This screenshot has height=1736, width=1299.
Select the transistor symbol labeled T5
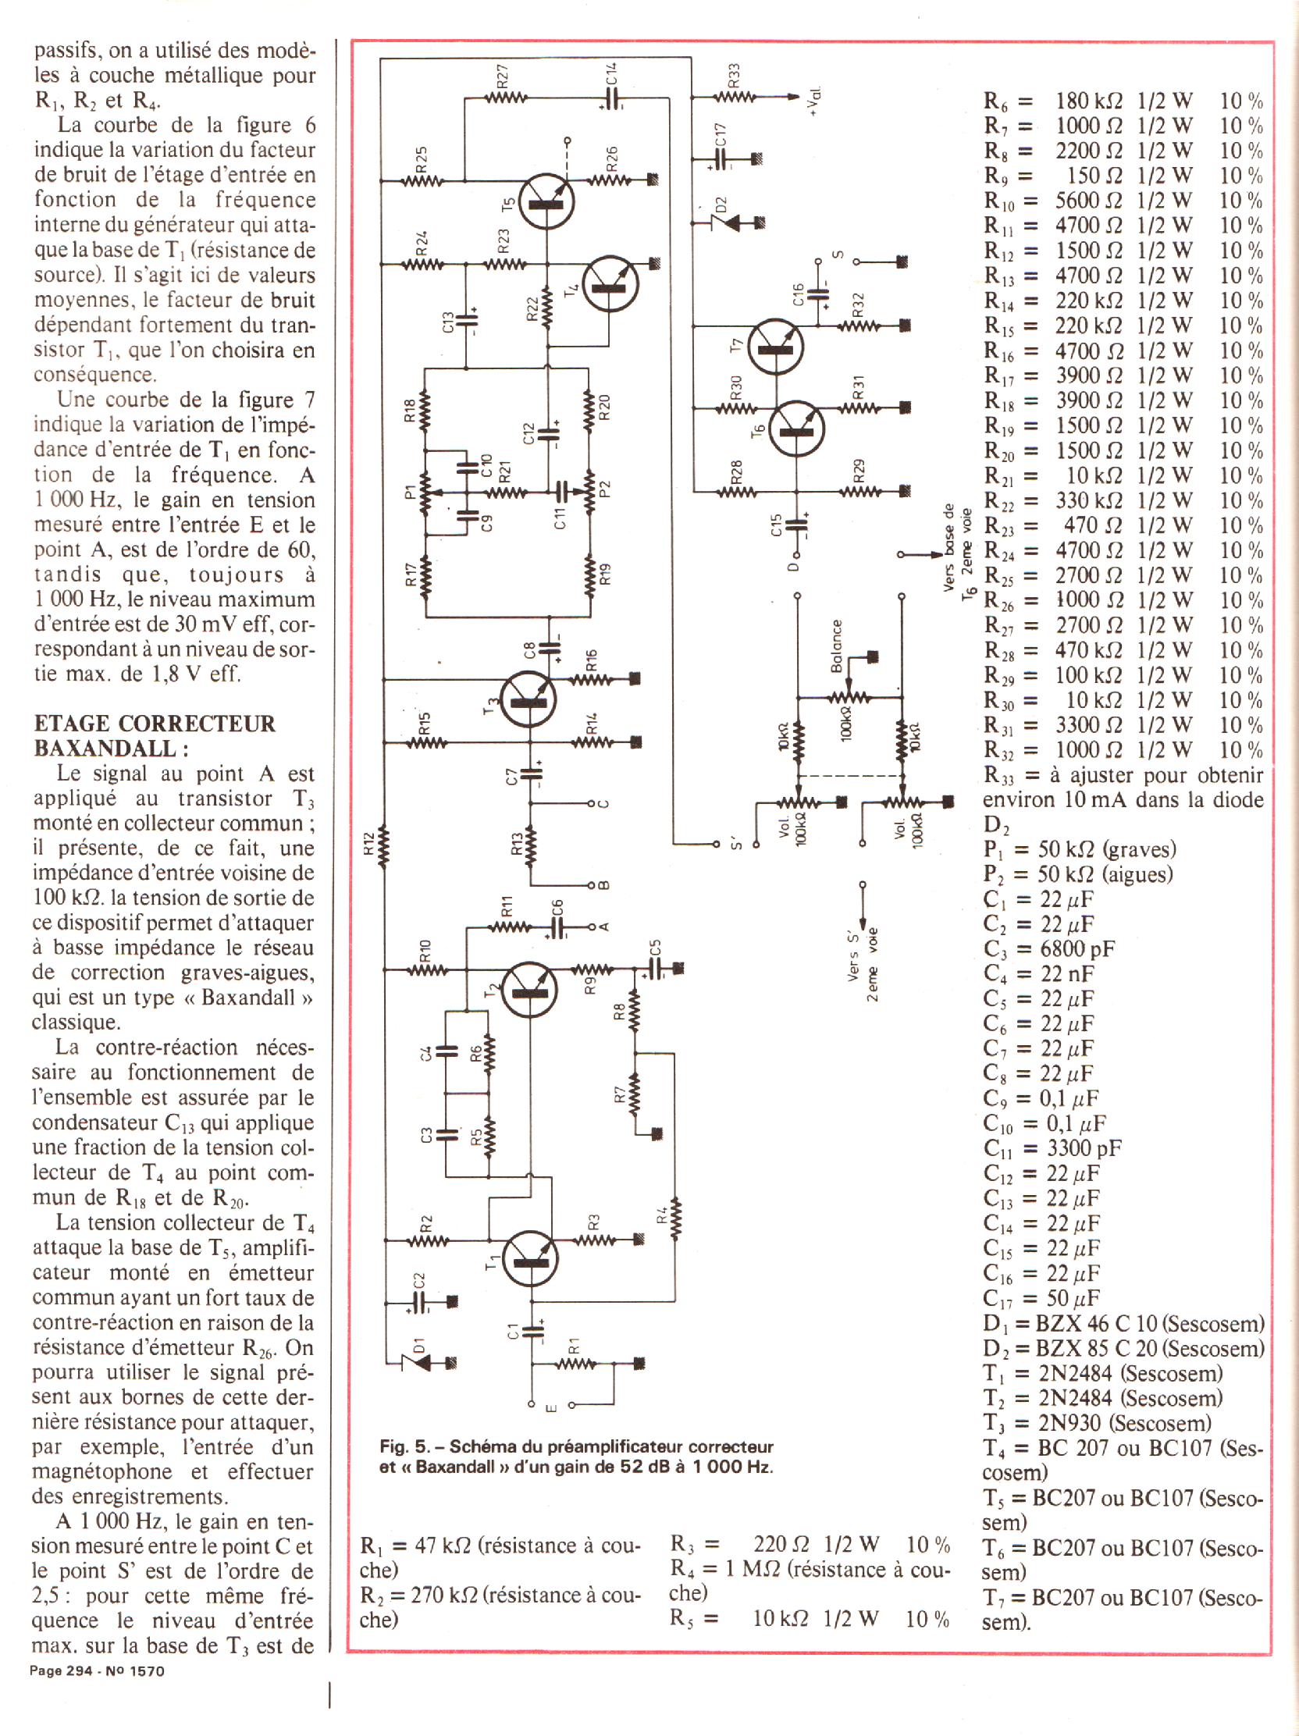tap(546, 200)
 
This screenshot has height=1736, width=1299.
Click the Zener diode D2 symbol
tap(721, 222)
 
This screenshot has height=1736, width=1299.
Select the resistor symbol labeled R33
tap(734, 97)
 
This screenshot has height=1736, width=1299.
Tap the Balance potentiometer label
tap(836, 645)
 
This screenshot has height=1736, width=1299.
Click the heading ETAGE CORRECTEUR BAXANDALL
tap(155, 735)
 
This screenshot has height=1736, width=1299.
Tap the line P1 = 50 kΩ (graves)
tap(1079, 849)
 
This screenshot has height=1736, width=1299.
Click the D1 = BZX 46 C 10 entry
tap(1123, 1323)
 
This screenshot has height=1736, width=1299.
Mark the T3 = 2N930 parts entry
tap(1097, 1423)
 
